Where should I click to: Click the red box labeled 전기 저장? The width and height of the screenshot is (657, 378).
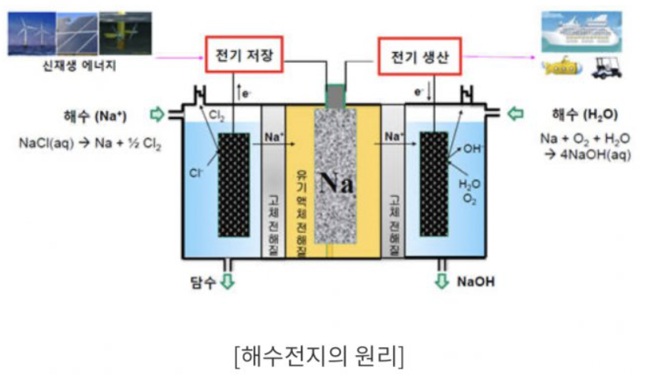point(244,54)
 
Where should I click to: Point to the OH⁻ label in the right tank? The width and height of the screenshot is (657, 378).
point(473,148)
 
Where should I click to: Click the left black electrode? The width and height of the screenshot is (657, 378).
point(234,184)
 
